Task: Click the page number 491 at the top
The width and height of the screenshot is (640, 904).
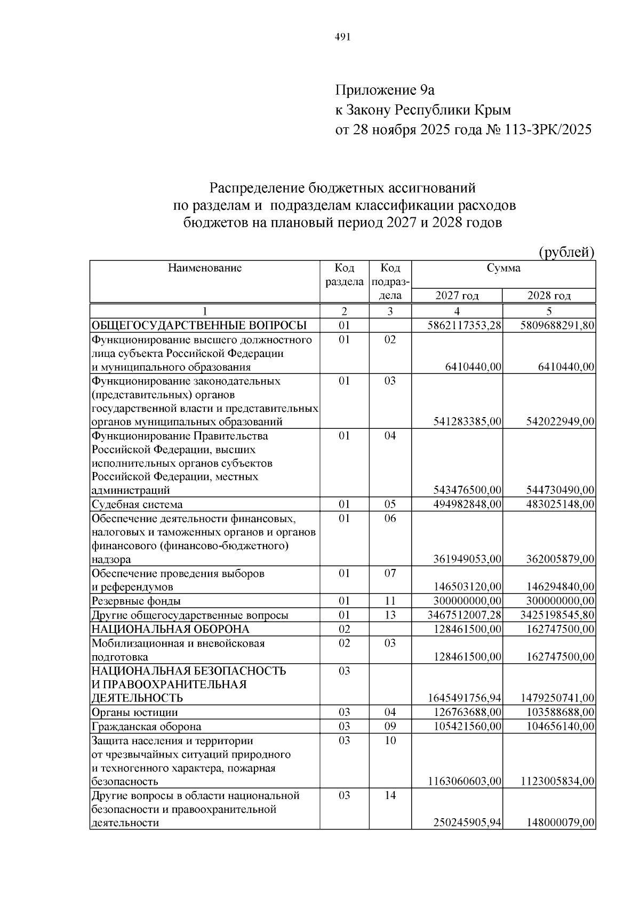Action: pyautogui.click(x=342, y=37)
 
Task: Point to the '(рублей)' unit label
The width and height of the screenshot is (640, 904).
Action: pyautogui.click(x=566, y=252)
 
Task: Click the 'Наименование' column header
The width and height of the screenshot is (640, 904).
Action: pyautogui.click(x=205, y=268)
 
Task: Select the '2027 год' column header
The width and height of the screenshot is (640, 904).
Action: pyautogui.click(x=457, y=296)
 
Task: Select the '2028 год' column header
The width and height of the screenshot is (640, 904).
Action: pyautogui.click(x=549, y=296)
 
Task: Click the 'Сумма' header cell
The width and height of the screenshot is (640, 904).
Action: pyautogui.click(x=503, y=268)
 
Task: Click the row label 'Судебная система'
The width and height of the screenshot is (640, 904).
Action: pyautogui.click(x=137, y=504)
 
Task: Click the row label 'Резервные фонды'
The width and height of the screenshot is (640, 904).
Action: pyautogui.click(x=136, y=601)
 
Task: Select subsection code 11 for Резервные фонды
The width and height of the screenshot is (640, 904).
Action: pyautogui.click(x=390, y=601)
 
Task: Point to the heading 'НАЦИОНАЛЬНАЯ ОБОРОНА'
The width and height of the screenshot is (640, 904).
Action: pyautogui.click(x=170, y=629)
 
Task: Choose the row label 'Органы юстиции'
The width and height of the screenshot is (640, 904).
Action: pyautogui.click(x=134, y=713)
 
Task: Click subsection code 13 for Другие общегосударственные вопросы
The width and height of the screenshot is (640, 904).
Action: pyautogui.click(x=390, y=615)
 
